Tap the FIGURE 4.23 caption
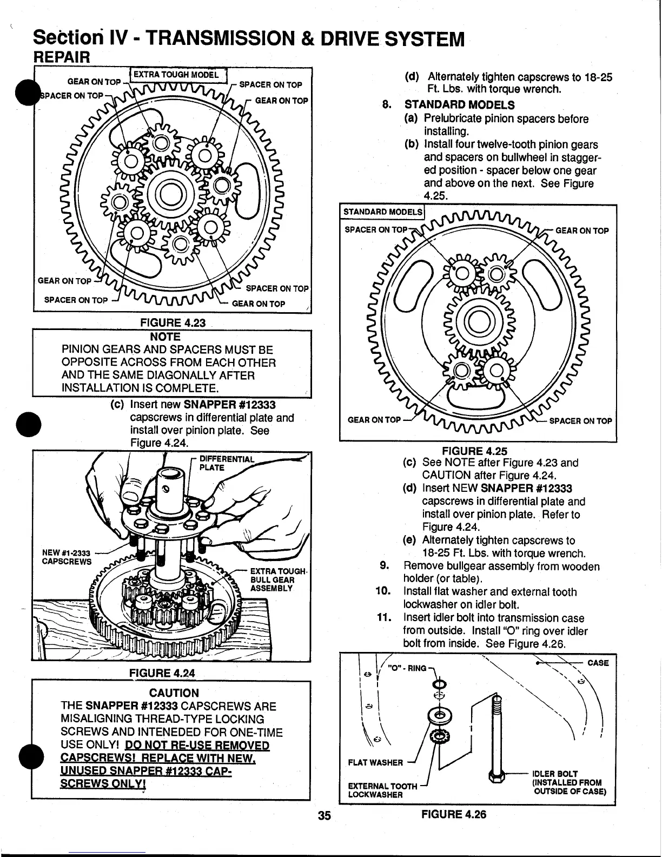coord(173,323)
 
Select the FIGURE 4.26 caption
coord(454,814)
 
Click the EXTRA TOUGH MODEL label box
coord(176,74)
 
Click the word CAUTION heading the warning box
coord(174,693)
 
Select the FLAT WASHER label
coord(375,762)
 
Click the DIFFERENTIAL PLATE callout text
coord(227,463)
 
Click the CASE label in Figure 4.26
coord(598,663)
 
